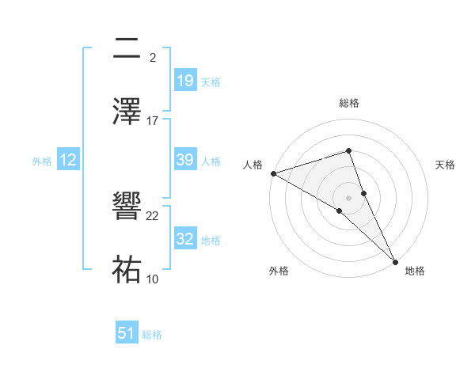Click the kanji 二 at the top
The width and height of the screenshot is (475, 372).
127,49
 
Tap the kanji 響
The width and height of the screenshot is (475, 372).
127,209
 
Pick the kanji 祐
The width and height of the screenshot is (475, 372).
127,269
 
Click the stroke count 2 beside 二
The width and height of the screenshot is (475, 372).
152,58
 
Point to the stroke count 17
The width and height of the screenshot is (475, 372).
153,120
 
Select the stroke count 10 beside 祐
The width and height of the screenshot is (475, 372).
153,278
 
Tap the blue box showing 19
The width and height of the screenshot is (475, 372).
184,80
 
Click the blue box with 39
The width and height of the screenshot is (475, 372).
184,160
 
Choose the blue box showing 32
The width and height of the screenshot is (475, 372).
184,239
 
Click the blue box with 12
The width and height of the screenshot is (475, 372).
68,161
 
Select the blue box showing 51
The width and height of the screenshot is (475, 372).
127,333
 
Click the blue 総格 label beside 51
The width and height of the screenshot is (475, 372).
152,335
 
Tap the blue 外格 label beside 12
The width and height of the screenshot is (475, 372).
42,161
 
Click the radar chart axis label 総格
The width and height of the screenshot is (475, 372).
349,103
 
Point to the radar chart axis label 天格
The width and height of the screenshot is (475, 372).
446,165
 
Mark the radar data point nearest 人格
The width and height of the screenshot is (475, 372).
273,173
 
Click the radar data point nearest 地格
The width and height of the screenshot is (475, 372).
395,261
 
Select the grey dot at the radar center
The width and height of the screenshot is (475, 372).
349,197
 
